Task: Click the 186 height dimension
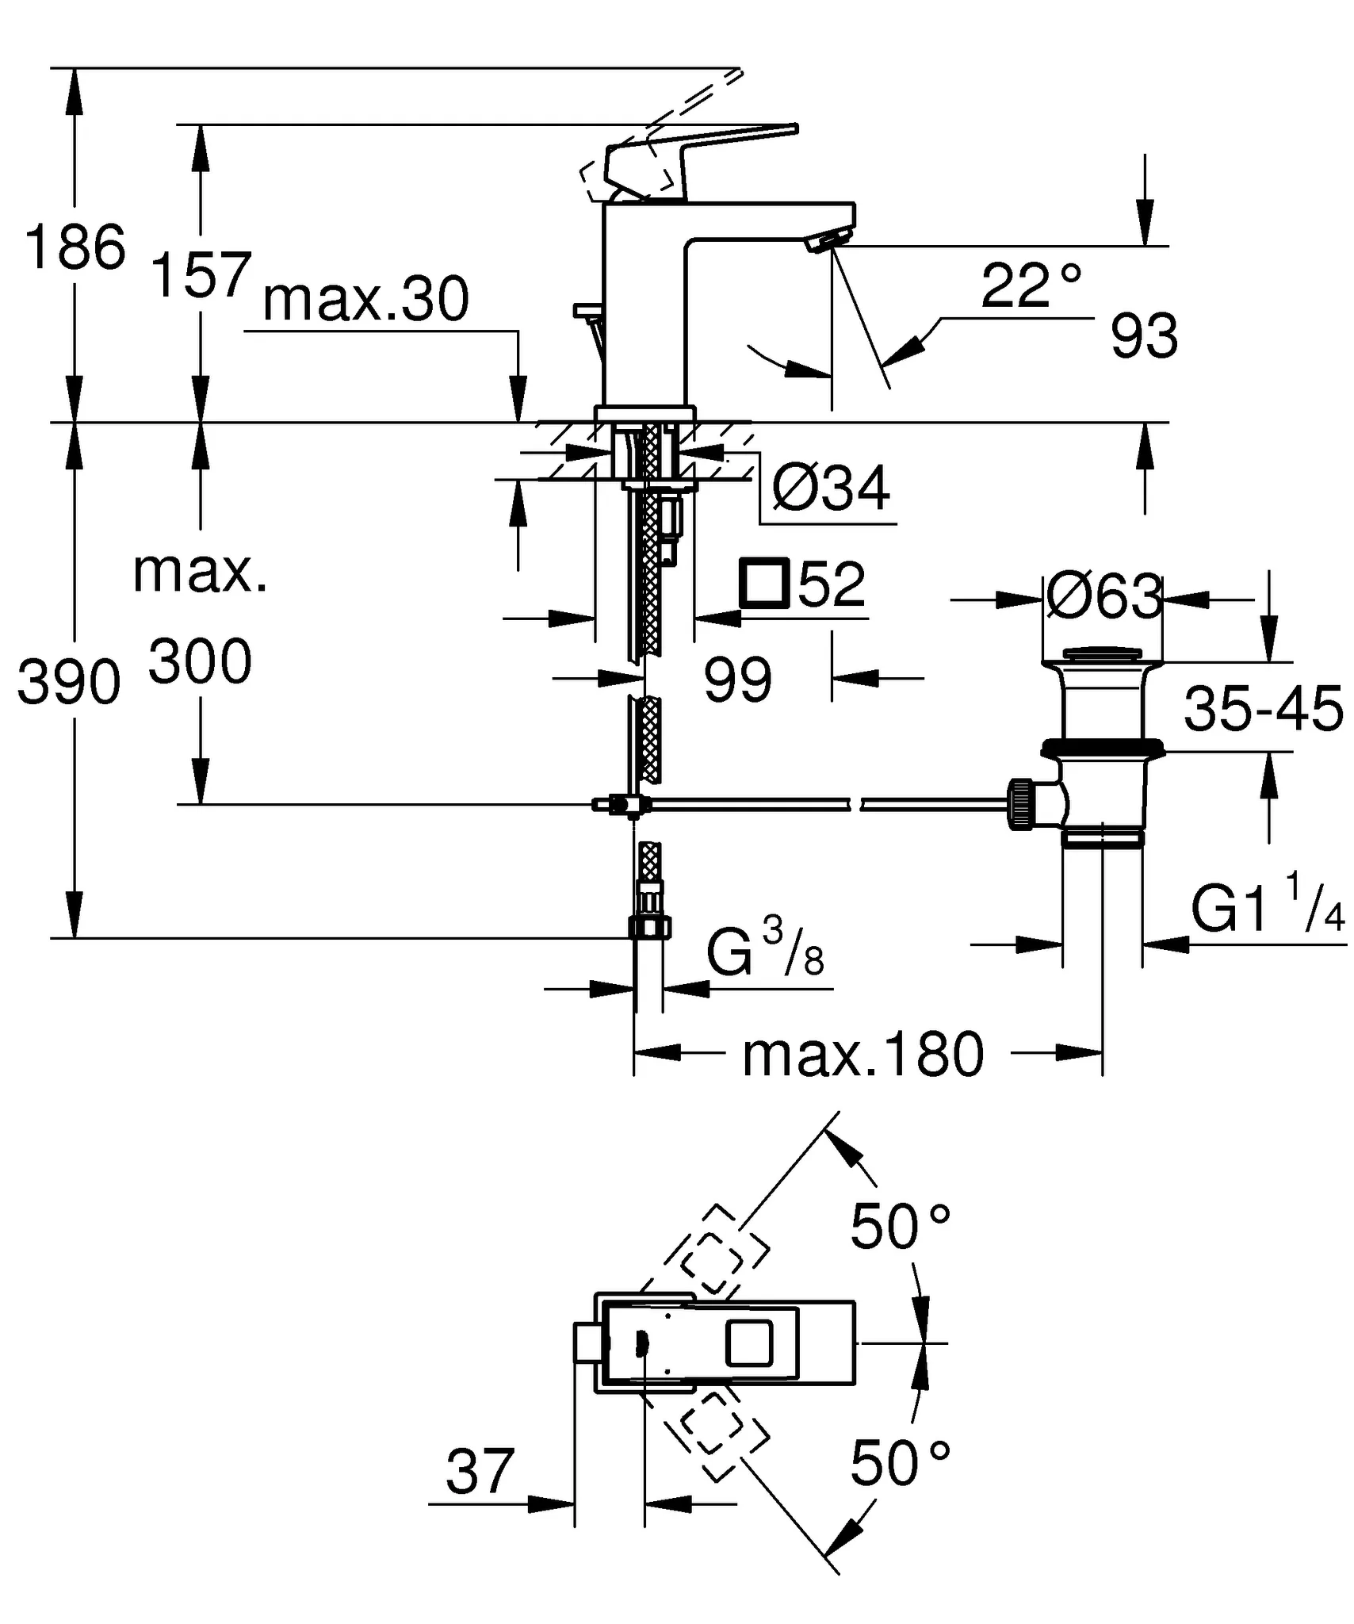(x=75, y=247)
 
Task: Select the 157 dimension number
(x=201, y=274)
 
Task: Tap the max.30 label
(x=365, y=301)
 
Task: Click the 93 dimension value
(x=1143, y=336)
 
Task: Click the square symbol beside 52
(x=763, y=584)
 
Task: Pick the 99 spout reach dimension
(x=737, y=680)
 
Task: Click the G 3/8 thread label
(x=765, y=955)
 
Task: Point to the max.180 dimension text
(x=863, y=1055)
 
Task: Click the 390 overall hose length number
(x=69, y=683)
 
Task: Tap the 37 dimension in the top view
(x=480, y=1472)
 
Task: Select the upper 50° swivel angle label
(x=900, y=1227)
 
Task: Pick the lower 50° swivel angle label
(x=900, y=1463)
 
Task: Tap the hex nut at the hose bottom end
(x=649, y=925)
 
